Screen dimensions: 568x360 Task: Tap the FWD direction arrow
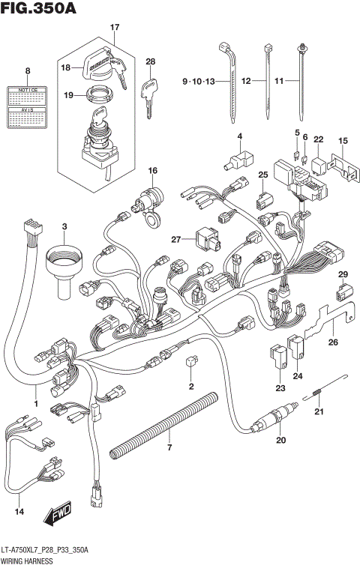point(56,516)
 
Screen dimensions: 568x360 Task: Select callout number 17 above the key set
point(115,28)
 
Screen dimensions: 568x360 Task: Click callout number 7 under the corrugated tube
point(169,447)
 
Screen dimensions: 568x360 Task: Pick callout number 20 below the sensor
point(281,440)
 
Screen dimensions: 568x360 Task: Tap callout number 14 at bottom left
point(19,512)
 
